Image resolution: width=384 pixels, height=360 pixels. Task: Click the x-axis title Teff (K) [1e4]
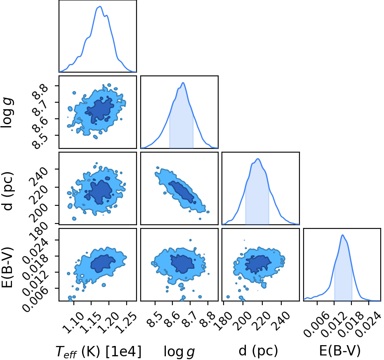(x=99, y=352)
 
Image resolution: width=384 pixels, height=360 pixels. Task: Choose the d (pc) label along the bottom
(x=258, y=351)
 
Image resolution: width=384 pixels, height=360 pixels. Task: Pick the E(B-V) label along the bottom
(x=340, y=351)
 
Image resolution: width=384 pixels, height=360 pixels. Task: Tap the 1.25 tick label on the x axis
(x=125, y=323)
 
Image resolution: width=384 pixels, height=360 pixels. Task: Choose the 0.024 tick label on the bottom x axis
(x=369, y=325)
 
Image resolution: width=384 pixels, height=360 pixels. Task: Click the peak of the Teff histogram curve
(x=100, y=6)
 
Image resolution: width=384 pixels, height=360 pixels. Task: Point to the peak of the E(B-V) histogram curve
(x=343, y=235)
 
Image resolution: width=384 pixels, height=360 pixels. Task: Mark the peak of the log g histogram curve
(x=183, y=83)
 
